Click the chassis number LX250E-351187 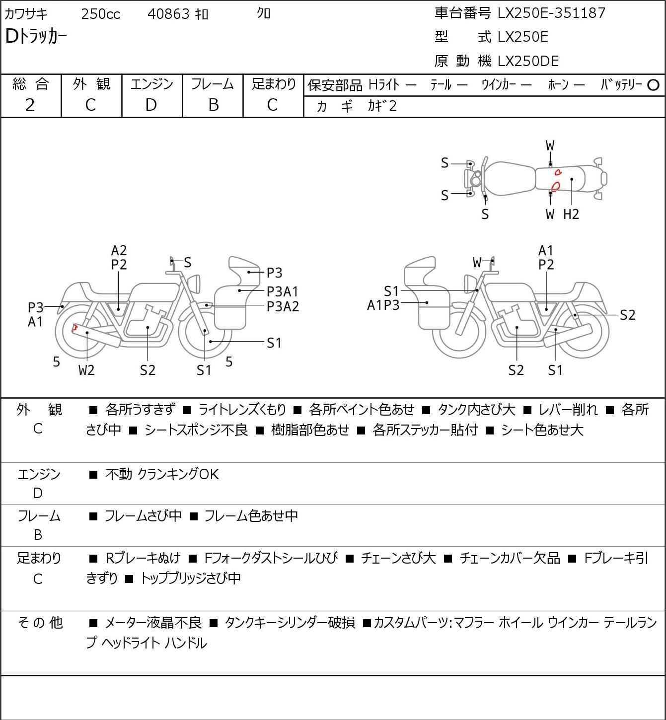point(551,13)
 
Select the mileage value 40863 point(168,14)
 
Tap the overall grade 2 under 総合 point(30,105)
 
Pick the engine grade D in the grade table point(151,105)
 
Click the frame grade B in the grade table point(213,105)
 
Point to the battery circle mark point(653,85)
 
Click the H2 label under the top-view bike point(571,214)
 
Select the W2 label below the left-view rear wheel point(86,370)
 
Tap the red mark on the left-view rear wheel point(74,328)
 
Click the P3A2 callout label point(283,307)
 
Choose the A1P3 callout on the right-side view point(383,305)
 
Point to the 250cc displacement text point(100,14)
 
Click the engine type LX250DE point(528,61)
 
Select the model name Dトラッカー point(36,36)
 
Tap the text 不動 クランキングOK point(162,474)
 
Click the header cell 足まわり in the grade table point(274,84)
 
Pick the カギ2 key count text point(382,106)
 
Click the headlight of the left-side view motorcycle point(194,284)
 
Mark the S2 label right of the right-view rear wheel point(628,315)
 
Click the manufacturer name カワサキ point(26,14)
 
